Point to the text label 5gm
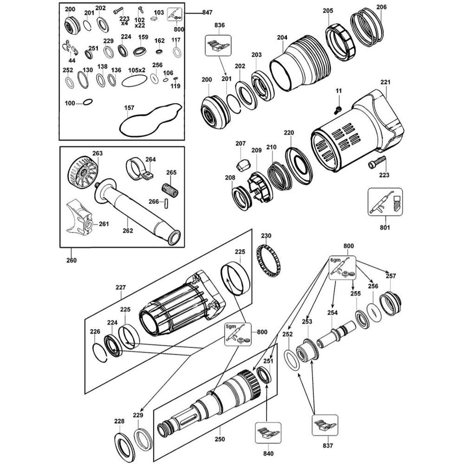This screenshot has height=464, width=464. click(x=231, y=326)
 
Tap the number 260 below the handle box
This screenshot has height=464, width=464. click(x=71, y=260)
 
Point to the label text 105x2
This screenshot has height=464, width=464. click(x=137, y=70)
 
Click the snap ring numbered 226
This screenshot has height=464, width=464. click(x=101, y=351)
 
